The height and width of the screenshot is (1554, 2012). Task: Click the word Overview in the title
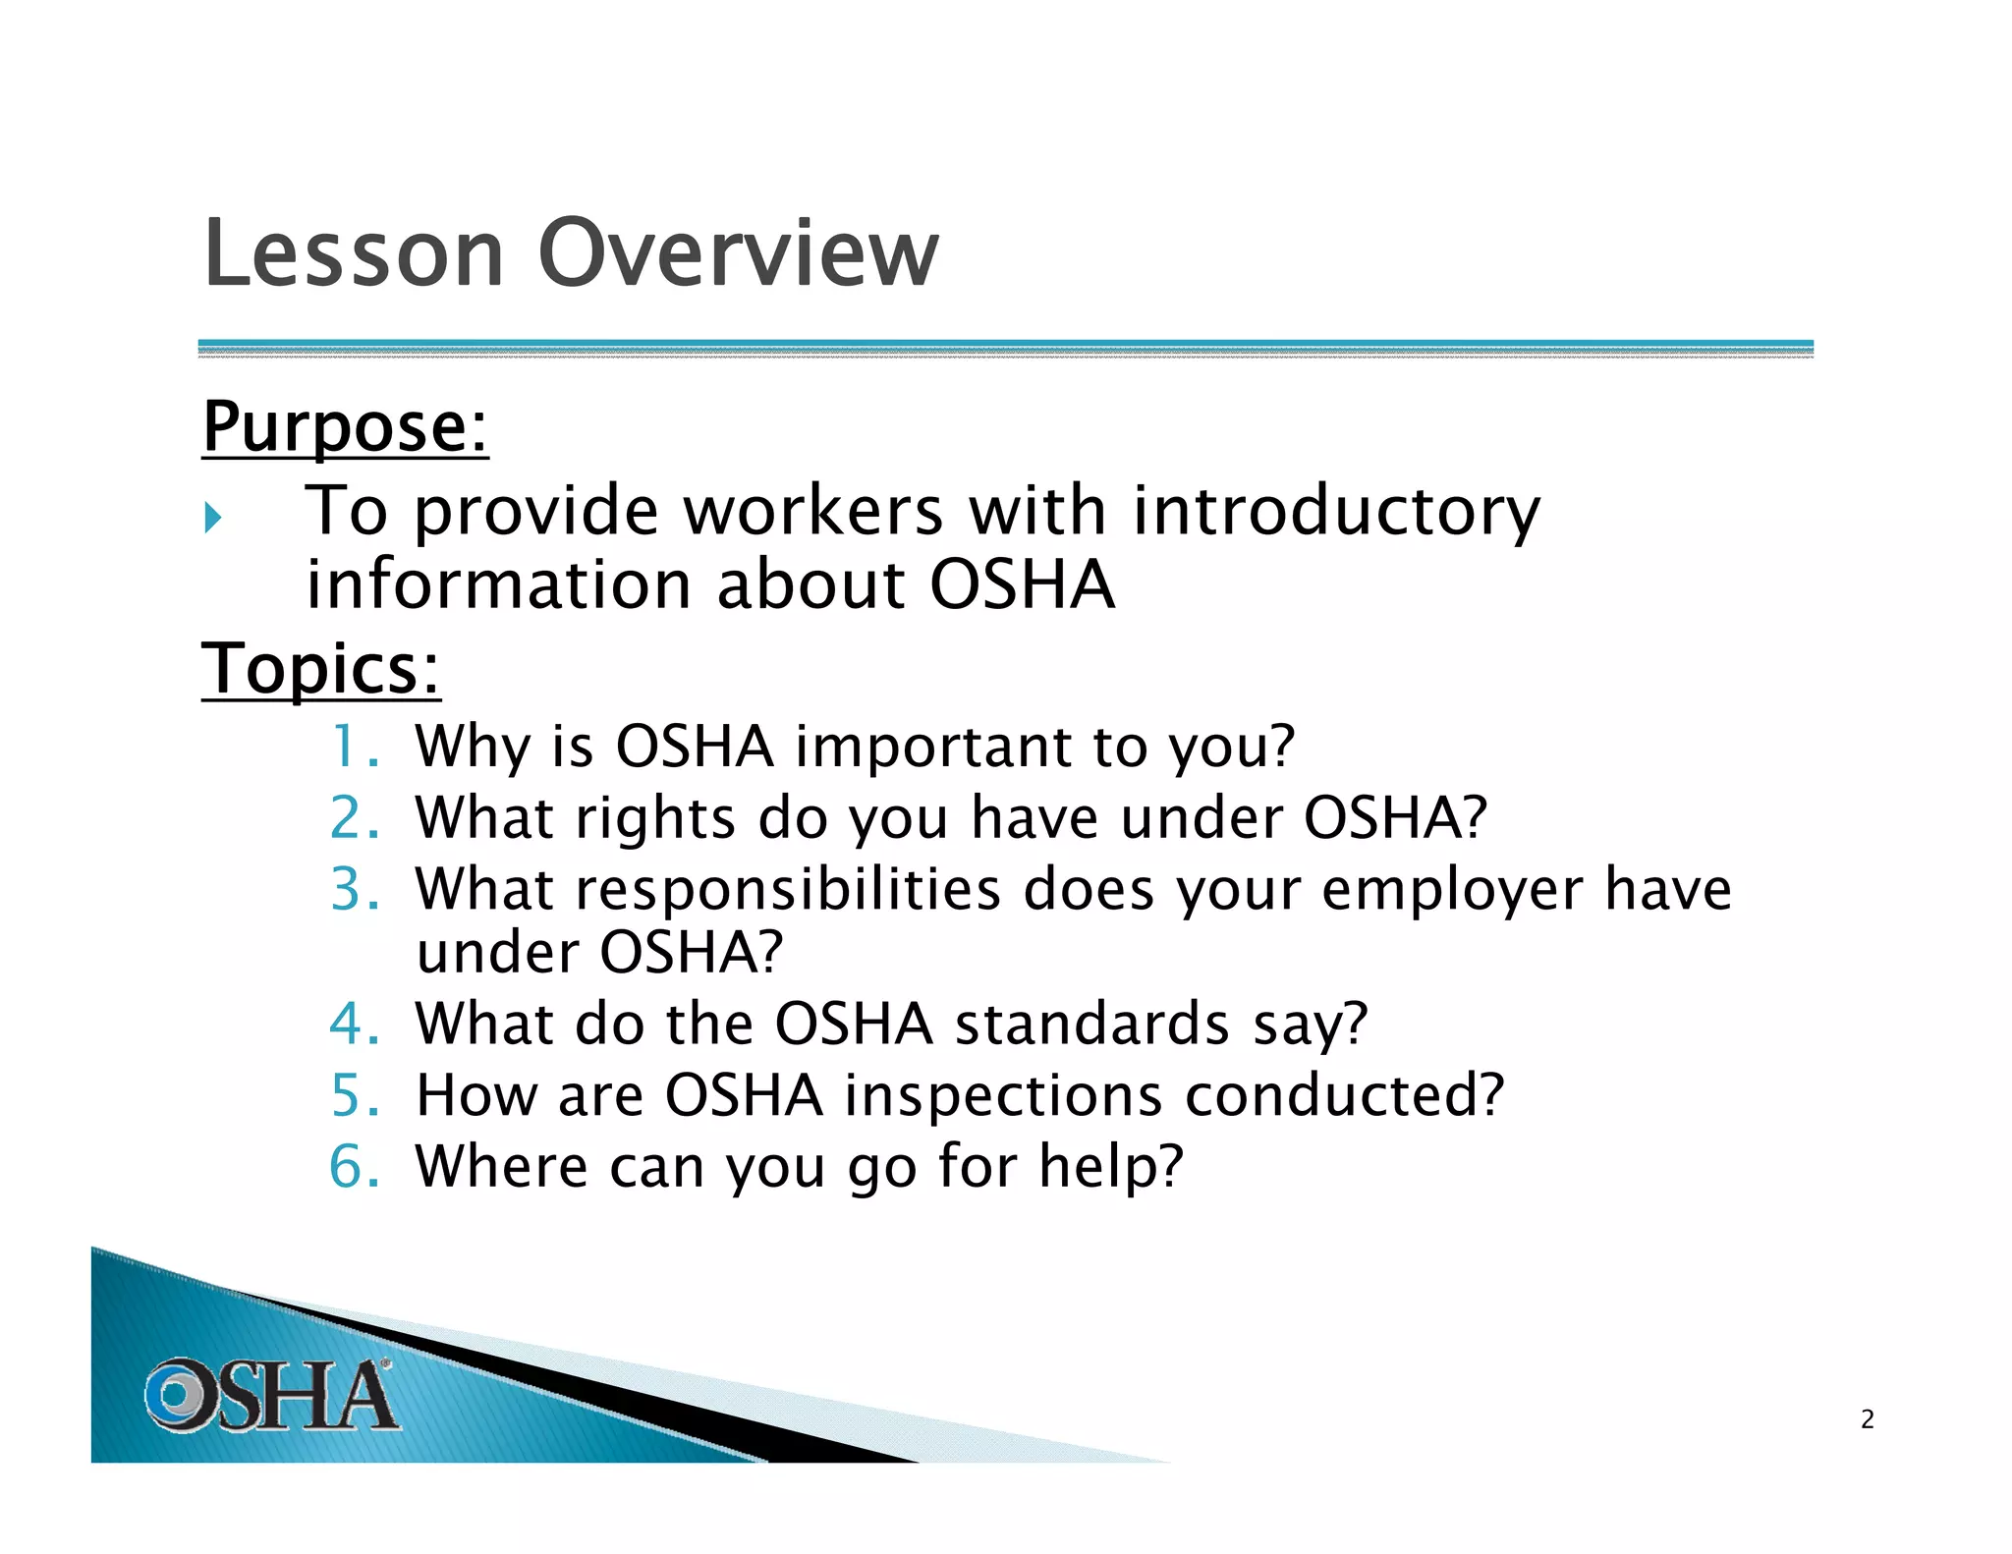click(739, 253)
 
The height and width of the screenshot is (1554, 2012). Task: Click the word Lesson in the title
click(354, 253)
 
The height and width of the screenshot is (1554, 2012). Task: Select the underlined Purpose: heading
click(345, 427)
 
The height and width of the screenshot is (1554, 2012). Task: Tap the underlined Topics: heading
click(320, 669)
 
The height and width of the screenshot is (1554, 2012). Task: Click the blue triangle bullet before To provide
click(213, 517)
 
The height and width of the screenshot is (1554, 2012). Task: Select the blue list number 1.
click(354, 747)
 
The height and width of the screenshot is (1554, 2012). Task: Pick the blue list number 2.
click(354, 818)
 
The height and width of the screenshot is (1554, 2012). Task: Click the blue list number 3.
click(354, 890)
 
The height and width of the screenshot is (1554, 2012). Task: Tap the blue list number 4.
click(354, 1024)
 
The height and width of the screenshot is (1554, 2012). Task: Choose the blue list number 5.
click(354, 1095)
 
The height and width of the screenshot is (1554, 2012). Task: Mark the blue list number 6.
click(354, 1167)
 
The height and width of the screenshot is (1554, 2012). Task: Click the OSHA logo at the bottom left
click(271, 1395)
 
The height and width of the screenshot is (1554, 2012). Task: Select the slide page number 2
click(1867, 1419)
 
